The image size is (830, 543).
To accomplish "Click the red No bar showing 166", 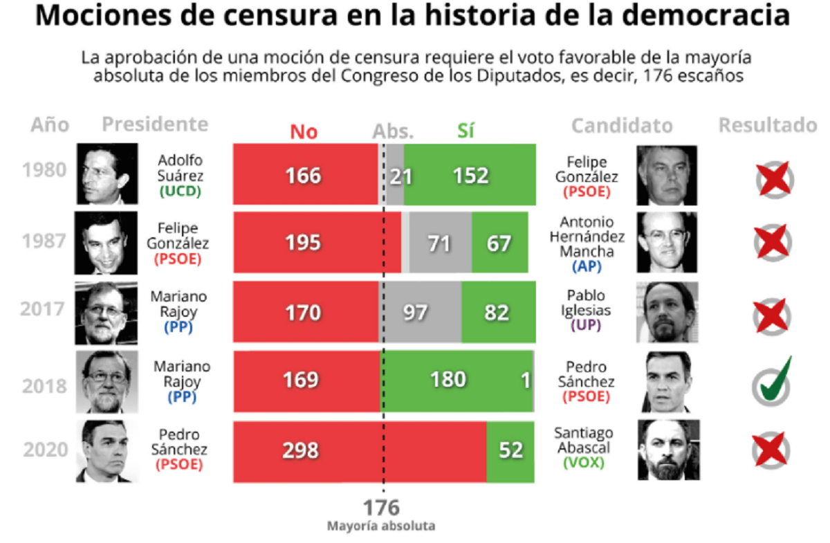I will pos(305,175).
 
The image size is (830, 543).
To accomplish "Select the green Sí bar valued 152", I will pos(470,175).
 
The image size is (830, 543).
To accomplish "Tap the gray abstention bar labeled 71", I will pos(440,243).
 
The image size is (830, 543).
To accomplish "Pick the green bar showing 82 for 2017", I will pos(498,312).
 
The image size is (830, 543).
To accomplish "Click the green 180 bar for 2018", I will pos(456,380).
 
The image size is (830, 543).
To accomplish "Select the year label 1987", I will pos(44,241).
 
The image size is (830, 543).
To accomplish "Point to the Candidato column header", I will pos(621,126).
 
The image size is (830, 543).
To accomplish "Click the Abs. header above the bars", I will pos(393,131).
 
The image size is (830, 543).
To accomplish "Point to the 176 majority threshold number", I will pos(381,508).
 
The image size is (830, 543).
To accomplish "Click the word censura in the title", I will pos(262,17).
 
